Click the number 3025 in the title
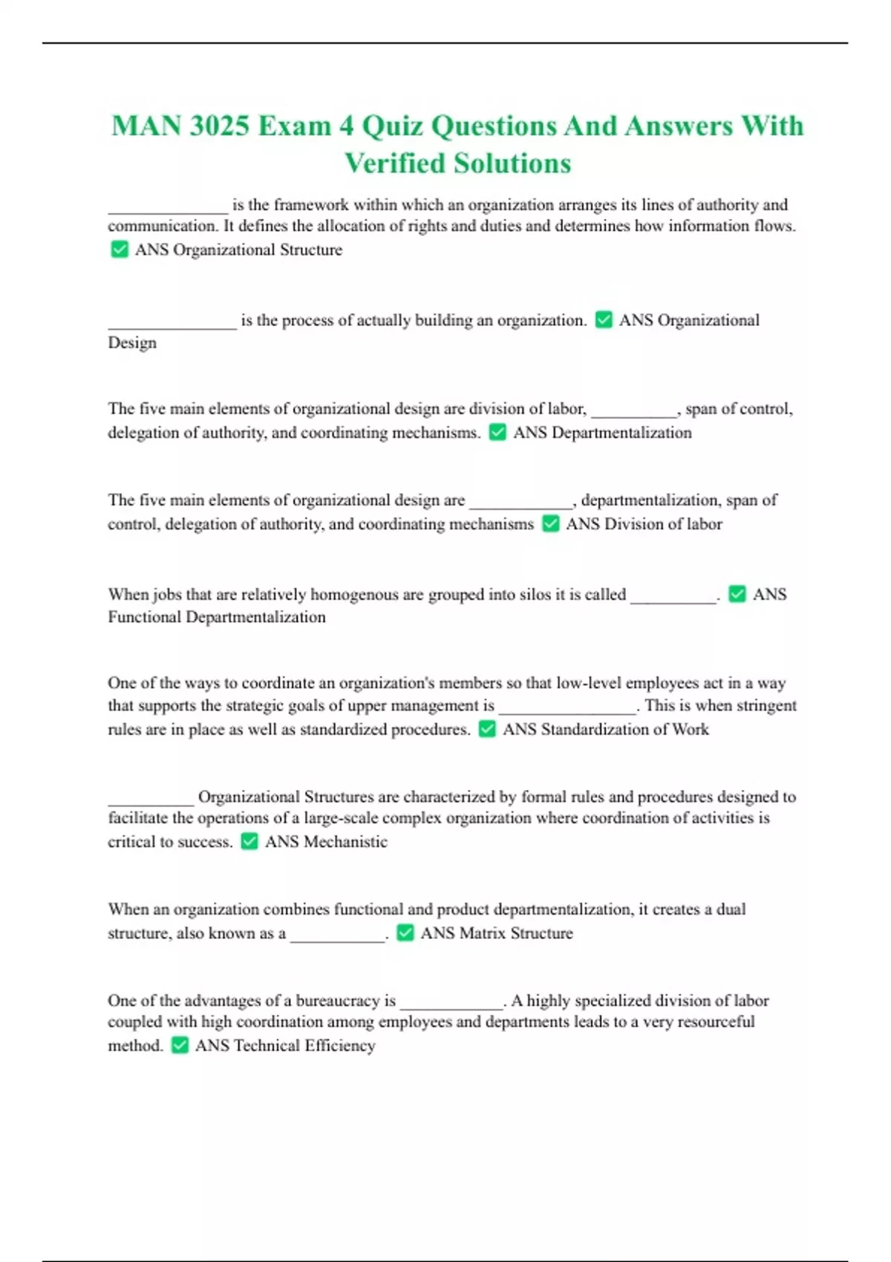click(219, 126)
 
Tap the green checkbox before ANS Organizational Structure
click(119, 249)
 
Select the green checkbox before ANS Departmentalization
click(497, 432)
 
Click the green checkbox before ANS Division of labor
click(550, 524)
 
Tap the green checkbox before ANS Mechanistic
click(249, 841)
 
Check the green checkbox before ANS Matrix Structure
click(405, 932)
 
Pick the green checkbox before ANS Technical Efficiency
click(180, 1045)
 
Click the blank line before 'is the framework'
click(168, 209)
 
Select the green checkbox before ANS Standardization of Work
click(487, 729)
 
